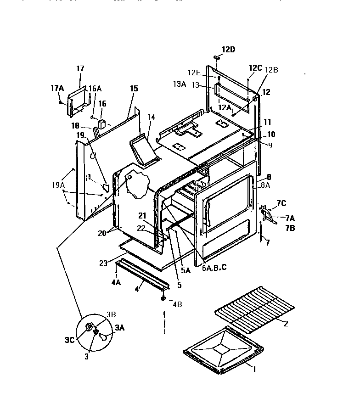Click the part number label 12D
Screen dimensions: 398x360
coord(228,50)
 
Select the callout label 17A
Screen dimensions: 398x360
coord(56,87)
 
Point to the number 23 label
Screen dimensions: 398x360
coord(104,263)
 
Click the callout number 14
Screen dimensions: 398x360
coord(151,118)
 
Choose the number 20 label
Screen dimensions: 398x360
coord(102,233)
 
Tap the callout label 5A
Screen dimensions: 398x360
coord(185,271)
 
